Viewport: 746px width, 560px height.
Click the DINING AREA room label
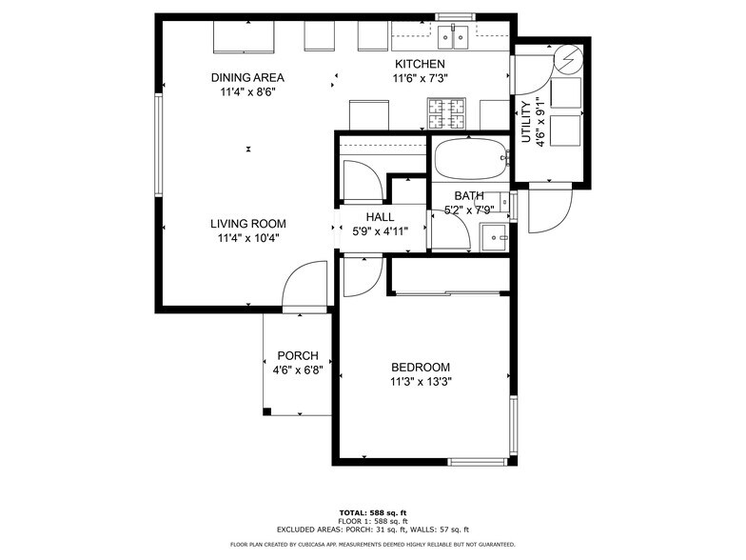point(247,78)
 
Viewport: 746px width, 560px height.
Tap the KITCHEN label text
point(420,64)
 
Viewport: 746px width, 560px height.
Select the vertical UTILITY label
point(525,120)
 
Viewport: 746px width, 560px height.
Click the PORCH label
point(297,356)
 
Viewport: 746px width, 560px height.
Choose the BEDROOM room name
point(421,368)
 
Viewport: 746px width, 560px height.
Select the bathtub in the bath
point(469,160)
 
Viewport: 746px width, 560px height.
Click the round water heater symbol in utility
point(568,60)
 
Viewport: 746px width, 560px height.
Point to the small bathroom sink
point(495,235)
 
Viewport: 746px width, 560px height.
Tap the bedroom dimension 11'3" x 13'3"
point(421,382)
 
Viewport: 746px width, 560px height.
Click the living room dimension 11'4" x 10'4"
point(247,239)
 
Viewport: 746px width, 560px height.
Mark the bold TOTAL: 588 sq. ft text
point(373,512)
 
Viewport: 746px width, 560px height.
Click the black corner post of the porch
point(267,411)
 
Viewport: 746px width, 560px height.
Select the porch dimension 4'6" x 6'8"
point(297,370)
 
